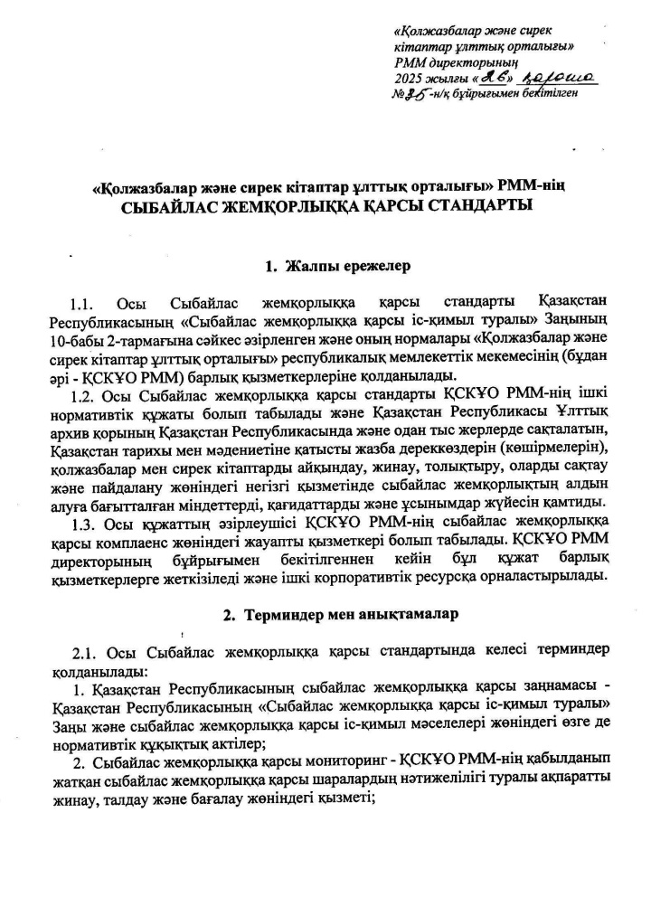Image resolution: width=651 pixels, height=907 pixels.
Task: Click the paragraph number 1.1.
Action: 82,302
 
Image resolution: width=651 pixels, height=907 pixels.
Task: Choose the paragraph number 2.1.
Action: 82,652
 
